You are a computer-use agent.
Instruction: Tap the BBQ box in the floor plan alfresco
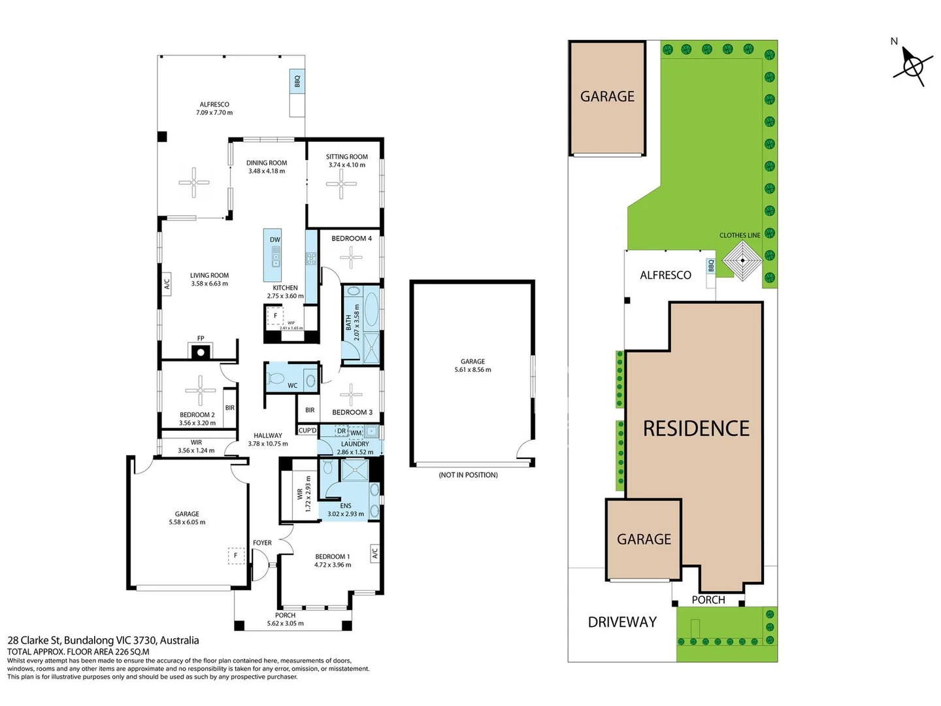pos(297,81)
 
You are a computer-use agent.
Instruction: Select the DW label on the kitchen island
pos(275,240)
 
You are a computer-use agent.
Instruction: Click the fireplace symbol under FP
pos(200,352)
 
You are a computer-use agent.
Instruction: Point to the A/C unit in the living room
pos(167,284)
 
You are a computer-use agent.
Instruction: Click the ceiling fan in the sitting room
pos(341,184)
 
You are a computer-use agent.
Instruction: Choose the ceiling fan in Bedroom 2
pos(200,390)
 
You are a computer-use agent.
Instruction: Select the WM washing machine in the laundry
pos(356,433)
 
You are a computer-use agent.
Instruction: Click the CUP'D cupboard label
pos(307,430)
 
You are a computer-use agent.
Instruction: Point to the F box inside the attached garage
pos(235,556)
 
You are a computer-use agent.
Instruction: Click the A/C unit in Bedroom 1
pos(374,554)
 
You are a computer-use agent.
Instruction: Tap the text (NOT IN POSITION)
pos(468,475)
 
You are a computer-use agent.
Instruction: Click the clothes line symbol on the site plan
pos(742,260)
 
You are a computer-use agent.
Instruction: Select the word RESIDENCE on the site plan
pos(696,428)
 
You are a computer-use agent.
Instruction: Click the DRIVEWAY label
pos(621,622)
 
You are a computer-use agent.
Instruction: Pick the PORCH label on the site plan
pos(708,599)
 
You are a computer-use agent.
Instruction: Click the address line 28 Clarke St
pos(103,641)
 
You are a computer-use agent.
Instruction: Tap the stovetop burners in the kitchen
pos(310,258)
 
